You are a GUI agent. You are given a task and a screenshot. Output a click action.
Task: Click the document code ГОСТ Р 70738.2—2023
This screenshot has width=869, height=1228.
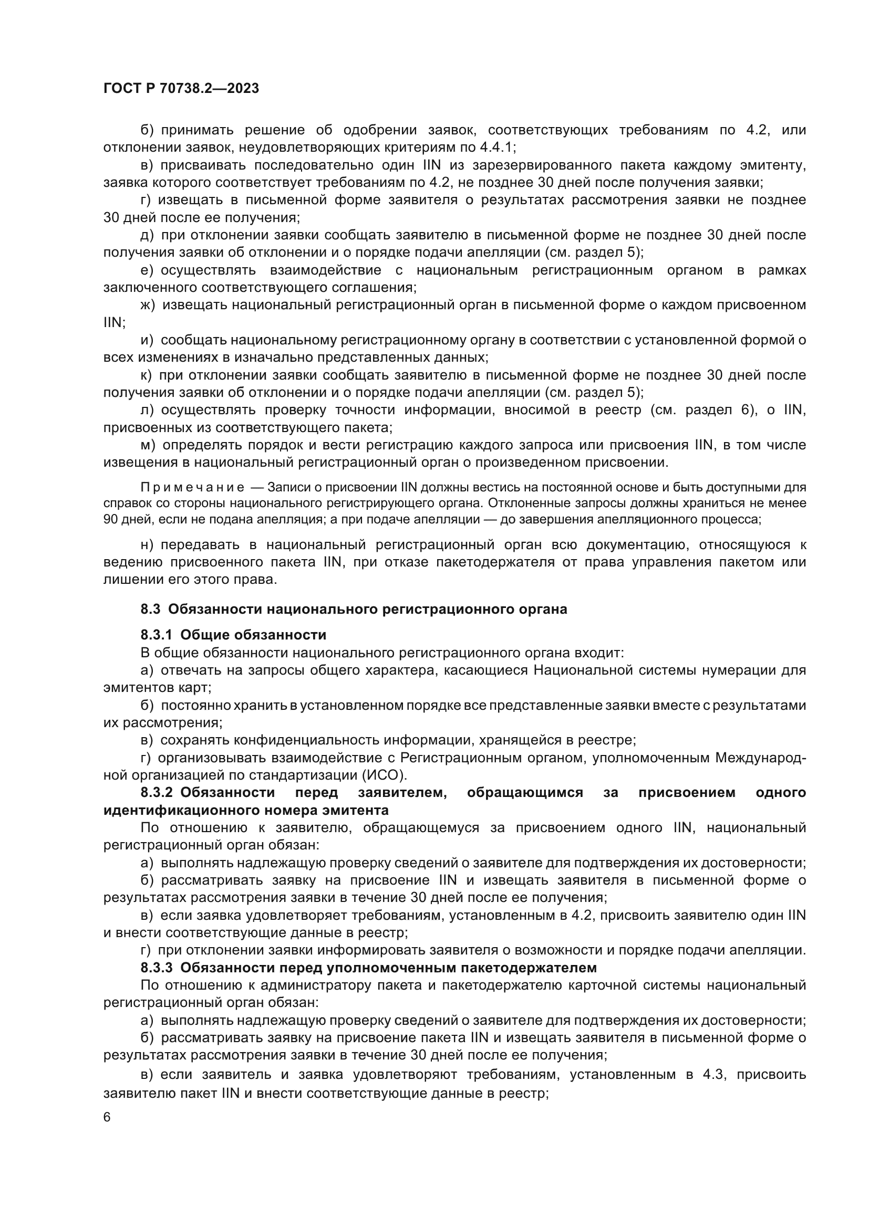181,88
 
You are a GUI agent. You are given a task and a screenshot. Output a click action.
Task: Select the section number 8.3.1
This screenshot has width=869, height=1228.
156,635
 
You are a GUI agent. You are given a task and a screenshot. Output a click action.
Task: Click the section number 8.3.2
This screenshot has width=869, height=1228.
156,793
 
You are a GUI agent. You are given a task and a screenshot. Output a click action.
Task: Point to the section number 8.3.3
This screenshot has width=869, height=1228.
156,968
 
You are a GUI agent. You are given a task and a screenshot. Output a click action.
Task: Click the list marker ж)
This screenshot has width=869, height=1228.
148,305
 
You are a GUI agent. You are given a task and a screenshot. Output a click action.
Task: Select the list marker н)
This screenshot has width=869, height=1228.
147,544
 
